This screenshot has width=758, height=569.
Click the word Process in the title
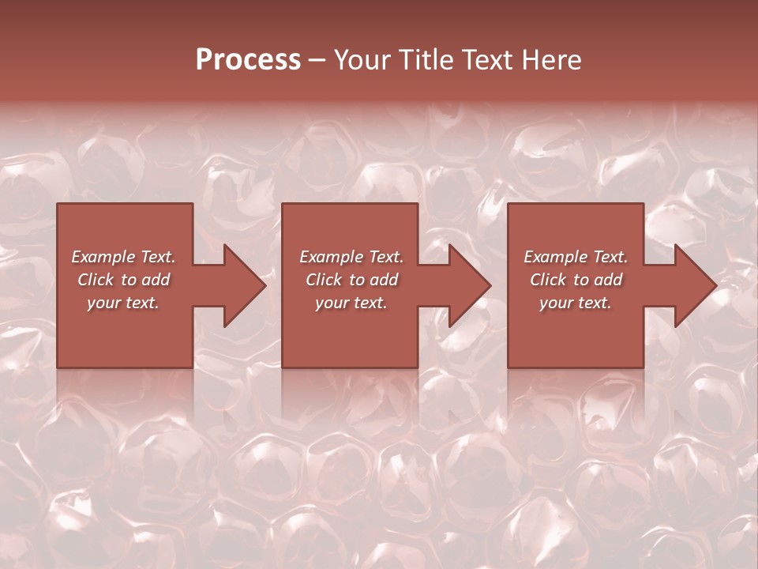tap(248, 60)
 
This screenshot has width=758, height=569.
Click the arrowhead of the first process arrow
tap(244, 285)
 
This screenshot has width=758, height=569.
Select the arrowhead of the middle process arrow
tap(470, 285)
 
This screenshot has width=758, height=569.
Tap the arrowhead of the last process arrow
tap(695, 285)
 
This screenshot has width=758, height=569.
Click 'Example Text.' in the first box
tap(123, 257)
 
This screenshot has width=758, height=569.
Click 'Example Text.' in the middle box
tap(351, 257)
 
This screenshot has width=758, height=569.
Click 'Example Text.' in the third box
tap(576, 257)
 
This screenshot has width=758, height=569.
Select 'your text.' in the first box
tap(123, 303)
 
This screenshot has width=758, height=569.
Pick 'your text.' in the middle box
tap(351, 303)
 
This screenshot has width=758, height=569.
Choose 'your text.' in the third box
tap(576, 303)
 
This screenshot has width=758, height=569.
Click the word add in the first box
tap(156, 280)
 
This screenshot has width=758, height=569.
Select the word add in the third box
tap(609, 280)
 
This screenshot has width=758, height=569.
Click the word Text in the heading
tap(486, 60)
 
